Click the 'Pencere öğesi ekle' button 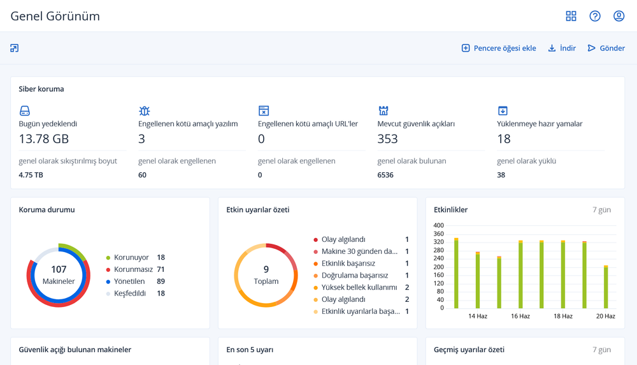(x=499, y=48)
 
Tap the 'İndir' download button (x=562, y=48)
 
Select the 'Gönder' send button (x=606, y=48)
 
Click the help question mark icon (x=595, y=16)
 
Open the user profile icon (x=619, y=16)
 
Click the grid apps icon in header (x=571, y=16)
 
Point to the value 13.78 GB (x=44, y=138)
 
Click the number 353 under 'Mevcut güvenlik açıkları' (x=387, y=138)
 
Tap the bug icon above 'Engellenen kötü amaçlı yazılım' (x=145, y=111)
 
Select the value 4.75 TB (x=31, y=175)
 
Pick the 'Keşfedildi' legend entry (x=130, y=294)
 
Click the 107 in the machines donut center (x=59, y=269)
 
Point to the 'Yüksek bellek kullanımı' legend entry (x=359, y=288)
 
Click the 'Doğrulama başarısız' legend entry (x=354, y=276)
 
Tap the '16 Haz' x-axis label (x=520, y=316)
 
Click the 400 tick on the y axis (x=438, y=225)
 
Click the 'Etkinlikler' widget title (x=450, y=210)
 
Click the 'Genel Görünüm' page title (x=55, y=17)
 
